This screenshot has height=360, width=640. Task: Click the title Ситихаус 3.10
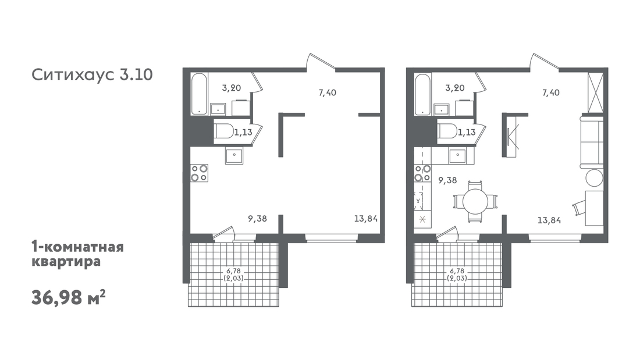[93, 75]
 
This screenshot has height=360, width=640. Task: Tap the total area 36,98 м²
[69, 298]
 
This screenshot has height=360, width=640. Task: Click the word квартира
[66, 261]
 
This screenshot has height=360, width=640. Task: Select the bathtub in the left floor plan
[200, 94]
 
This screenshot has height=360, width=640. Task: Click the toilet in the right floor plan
[446, 131]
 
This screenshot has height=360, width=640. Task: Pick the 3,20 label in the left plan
[232, 87]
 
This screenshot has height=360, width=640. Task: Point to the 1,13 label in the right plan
[467, 132]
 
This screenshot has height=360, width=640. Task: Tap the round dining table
[475, 201]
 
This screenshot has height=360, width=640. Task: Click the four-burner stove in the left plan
[199, 173]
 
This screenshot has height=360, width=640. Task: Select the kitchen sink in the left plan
[234, 156]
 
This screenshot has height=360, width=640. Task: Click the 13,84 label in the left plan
[366, 219]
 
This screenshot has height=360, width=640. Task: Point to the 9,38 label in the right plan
[447, 180]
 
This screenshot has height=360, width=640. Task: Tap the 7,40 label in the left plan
[328, 92]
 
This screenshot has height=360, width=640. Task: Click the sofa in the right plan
[592, 142]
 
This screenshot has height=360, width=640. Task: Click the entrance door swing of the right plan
[545, 62]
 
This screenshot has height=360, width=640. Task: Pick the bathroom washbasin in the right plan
[441, 109]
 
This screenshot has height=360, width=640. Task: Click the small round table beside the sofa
[594, 178]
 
